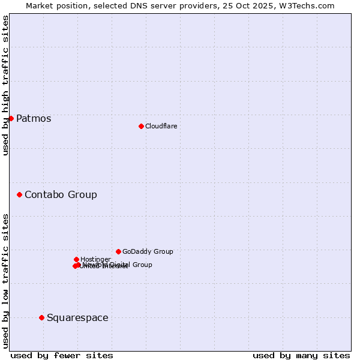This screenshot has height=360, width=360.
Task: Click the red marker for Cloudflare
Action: pos(141,126)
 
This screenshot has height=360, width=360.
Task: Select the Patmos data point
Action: pos(11,118)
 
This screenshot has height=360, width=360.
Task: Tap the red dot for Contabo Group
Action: pos(19,194)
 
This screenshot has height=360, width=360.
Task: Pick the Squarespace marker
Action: pos(41,317)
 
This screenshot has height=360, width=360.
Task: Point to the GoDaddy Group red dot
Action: pos(118,251)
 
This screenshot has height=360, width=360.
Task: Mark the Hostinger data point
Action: pos(76,259)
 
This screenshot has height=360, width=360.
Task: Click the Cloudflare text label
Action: pos(161,126)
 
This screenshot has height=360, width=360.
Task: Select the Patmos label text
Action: pos(34,118)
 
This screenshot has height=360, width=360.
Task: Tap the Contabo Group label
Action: pos(61,194)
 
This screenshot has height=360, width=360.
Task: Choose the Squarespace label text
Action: pos(77,317)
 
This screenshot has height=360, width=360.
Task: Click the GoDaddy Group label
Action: pos(148,251)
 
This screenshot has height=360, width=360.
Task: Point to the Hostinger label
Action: pos(95,259)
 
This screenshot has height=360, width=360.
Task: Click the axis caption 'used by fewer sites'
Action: pos(62,355)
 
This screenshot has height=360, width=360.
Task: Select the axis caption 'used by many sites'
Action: pos(301,355)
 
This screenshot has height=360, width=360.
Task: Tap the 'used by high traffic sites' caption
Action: pos(5,85)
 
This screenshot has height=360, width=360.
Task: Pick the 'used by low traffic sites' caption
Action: pos(5,281)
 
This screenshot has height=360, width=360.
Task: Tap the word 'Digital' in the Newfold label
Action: pos(120,265)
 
